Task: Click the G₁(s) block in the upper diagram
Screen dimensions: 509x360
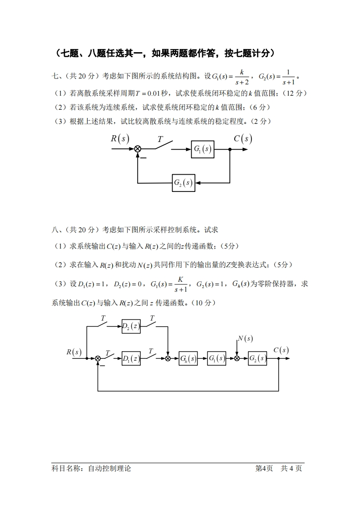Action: click(x=202, y=149)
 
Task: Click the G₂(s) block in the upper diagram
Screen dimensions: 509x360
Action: click(x=183, y=183)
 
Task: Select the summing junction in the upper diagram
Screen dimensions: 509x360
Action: click(x=138, y=149)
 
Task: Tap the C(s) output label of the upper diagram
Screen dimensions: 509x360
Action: click(x=243, y=138)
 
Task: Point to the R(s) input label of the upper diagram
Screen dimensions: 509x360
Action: click(x=120, y=138)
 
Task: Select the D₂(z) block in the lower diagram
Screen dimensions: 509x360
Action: click(x=131, y=326)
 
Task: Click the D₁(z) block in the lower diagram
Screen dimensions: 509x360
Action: click(x=131, y=358)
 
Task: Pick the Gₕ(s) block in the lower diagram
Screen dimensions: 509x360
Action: click(x=188, y=358)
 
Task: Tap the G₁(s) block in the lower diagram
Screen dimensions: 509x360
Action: click(x=217, y=358)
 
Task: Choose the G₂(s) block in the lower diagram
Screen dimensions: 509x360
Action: click(x=257, y=358)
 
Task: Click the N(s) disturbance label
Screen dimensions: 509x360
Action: click(x=245, y=338)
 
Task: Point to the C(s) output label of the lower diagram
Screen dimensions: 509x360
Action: click(x=281, y=350)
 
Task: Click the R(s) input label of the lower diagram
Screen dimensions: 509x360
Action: click(x=74, y=352)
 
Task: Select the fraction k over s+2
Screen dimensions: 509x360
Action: click(x=242, y=77)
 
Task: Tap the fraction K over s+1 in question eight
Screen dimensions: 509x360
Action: click(x=180, y=284)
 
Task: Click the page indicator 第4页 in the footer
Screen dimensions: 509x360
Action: click(x=264, y=469)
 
